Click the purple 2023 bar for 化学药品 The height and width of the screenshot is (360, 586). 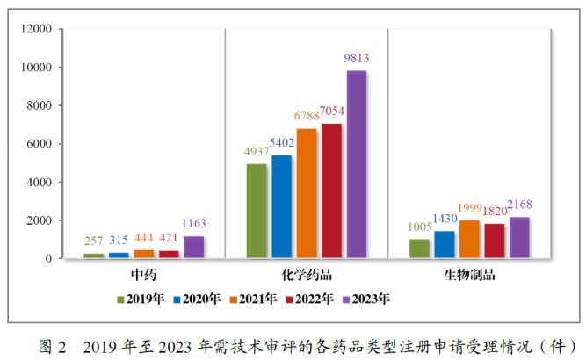pos(356,164)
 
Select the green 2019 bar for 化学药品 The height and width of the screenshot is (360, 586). pos(257,211)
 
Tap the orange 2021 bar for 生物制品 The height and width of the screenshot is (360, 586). pos(470,239)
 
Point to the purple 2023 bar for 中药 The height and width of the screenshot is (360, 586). pos(193,247)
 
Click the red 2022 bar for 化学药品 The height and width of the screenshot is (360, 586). pos(331,191)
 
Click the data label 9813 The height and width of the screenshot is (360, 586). pos(356,59)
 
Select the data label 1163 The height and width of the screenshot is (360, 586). pos(192,224)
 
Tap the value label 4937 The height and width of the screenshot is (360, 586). pos(257,151)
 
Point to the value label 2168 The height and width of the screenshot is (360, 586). pos(519,205)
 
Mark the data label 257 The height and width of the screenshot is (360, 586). pos(118,241)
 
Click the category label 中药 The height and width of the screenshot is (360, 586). pos(143,275)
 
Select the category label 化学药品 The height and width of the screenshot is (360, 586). pos(306,275)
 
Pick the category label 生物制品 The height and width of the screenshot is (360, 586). pos(470,275)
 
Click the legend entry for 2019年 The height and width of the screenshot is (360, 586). pos(141,299)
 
